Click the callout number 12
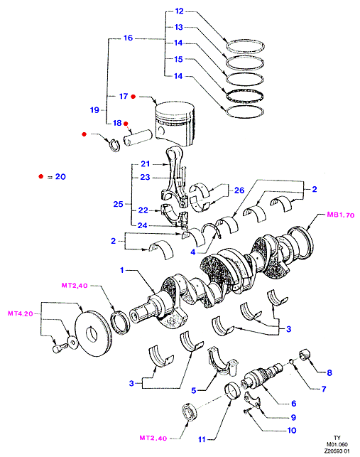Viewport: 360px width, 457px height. tap(180, 11)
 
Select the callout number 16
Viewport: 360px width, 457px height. tap(128, 38)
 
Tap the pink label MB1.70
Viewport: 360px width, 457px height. tap(341, 215)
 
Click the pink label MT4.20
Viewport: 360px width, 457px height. tap(21, 313)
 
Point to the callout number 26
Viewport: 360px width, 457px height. tap(239, 190)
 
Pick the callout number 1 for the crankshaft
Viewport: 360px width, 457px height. tap(122, 270)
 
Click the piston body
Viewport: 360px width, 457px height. tap(175, 123)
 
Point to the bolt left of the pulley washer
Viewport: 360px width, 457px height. tap(59, 348)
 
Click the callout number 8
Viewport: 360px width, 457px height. tap(329, 372)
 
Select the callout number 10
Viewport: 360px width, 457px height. tap(292, 430)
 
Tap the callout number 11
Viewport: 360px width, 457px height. tap(202, 439)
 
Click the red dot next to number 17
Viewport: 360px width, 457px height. tap(133, 97)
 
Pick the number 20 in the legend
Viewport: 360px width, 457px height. tap(60, 177)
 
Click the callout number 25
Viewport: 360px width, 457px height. tap(119, 204)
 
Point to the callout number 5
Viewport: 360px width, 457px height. tap(194, 390)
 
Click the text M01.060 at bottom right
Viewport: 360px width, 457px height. tap(337, 444)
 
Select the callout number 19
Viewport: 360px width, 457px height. tap(94, 110)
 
